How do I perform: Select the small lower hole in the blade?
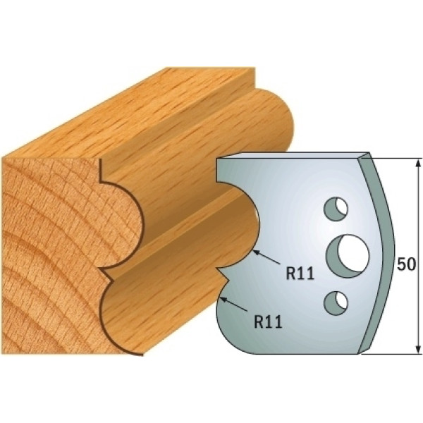pyautogui.click(x=336, y=302)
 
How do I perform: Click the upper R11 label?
pyautogui.click(x=300, y=273)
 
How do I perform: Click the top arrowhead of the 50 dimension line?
pyautogui.click(x=418, y=164)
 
